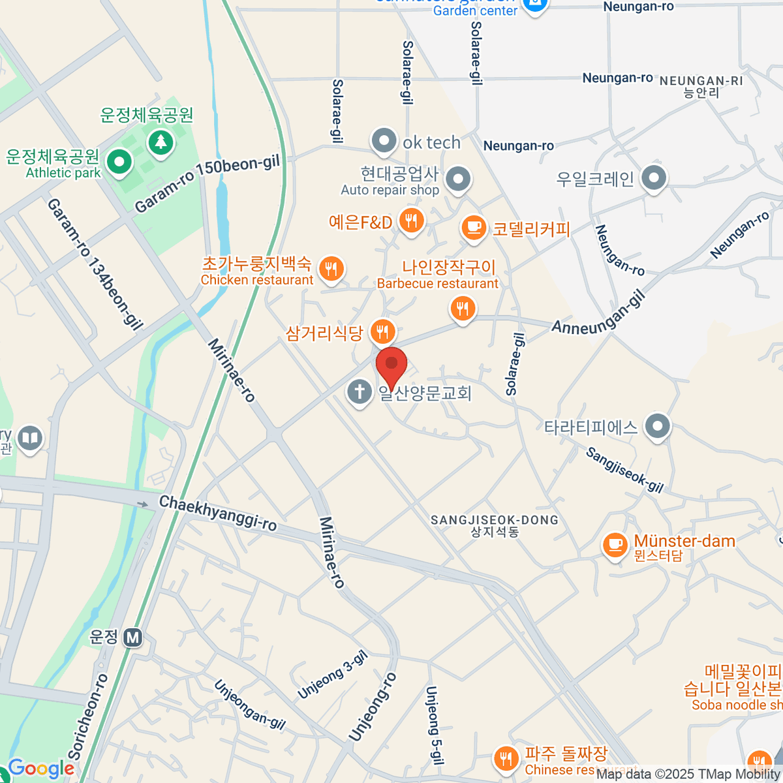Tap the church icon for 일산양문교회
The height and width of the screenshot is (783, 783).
(x=359, y=392)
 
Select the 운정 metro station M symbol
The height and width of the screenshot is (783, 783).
(x=133, y=637)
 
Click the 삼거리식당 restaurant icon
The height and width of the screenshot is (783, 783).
(x=382, y=332)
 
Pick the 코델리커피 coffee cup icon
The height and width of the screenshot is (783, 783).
(x=474, y=228)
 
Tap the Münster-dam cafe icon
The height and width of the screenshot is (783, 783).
(x=614, y=544)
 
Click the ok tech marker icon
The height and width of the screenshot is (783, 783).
(x=384, y=141)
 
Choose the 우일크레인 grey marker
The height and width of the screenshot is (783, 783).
(x=653, y=177)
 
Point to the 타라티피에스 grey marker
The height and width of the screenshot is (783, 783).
(x=657, y=427)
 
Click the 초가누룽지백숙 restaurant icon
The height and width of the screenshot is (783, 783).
(x=331, y=268)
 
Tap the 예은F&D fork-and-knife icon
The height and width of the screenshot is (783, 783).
(x=411, y=221)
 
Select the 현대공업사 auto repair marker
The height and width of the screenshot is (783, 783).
(x=458, y=178)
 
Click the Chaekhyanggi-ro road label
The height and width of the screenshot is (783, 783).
(x=218, y=512)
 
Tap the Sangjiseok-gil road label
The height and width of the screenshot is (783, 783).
(x=624, y=470)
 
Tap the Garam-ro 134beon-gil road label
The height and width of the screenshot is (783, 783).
(x=95, y=264)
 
